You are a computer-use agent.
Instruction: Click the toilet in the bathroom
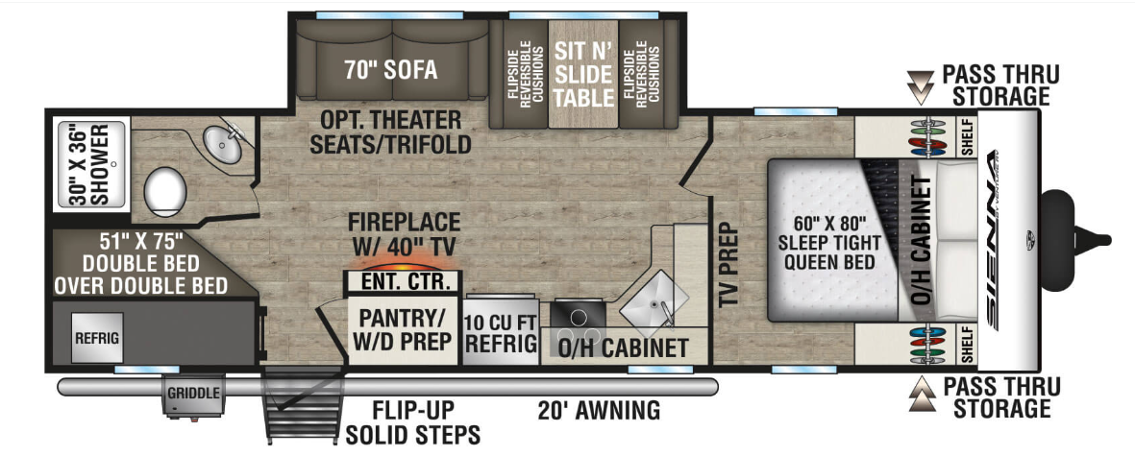(x=165, y=191)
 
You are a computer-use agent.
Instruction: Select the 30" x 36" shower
(x=91, y=164)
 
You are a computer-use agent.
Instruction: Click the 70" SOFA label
(x=390, y=69)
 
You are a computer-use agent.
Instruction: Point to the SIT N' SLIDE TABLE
(x=584, y=74)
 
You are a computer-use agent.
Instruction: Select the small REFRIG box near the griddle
(x=96, y=338)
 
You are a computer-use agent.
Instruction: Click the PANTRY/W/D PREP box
(x=403, y=329)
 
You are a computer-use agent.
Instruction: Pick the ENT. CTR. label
(x=402, y=279)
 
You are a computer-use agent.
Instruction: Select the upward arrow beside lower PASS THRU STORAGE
(x=921, y=395)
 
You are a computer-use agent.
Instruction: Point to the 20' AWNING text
(x=599, y=411)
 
